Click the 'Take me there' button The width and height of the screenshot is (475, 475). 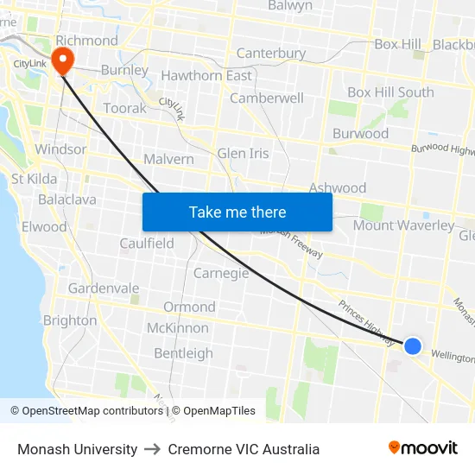pos(237,212)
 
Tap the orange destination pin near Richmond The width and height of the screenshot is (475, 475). pos(63,59)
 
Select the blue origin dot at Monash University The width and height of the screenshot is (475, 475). pos(413,345)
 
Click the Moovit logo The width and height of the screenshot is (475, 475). pos(423,448)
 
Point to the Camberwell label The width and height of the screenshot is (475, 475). pos(266,98)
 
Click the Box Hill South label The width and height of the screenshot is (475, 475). pos(390,92)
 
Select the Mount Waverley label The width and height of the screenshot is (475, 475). pos(403,226)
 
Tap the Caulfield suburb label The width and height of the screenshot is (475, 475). pos(147,244)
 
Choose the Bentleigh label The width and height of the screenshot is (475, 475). pos(183,353)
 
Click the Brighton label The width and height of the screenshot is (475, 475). pos(70,320)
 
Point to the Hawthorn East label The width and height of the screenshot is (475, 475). pos(206,76)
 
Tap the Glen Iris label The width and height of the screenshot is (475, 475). pos(243,154)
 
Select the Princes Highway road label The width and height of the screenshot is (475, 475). pos(366,317)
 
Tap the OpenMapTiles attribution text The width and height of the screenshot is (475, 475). pos(213,411)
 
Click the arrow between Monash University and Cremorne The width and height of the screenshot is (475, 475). pos(153,450)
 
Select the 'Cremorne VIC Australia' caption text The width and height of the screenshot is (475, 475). pos(244,449)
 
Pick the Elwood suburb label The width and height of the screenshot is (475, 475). pos(44,227)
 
